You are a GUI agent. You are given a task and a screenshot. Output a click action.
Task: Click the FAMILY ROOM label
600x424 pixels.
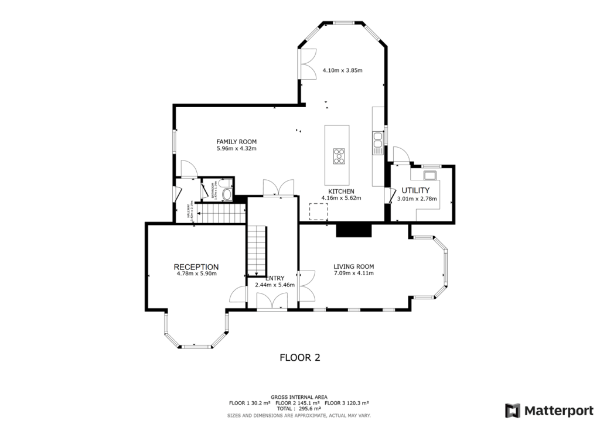236,142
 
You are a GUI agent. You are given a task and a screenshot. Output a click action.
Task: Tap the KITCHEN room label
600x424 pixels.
340,192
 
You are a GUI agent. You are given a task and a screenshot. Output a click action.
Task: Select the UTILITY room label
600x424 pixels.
415,190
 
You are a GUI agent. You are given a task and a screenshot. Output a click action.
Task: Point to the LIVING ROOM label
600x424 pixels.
353,266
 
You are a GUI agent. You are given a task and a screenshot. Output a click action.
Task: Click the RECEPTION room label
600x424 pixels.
196,266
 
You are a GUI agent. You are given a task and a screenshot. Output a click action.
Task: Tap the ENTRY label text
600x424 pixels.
275,278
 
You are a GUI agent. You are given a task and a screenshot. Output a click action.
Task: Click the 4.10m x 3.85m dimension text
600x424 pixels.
342,70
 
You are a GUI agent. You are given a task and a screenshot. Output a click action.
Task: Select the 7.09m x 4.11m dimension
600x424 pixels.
353,273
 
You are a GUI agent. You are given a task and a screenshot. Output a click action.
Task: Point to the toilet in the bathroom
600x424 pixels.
227,194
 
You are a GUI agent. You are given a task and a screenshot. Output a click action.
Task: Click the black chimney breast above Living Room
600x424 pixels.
353,230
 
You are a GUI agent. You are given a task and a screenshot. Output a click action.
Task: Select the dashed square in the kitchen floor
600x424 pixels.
318,211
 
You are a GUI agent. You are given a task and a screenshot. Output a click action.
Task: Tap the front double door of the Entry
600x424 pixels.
272,301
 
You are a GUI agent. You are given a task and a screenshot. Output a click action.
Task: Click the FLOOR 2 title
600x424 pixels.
299,357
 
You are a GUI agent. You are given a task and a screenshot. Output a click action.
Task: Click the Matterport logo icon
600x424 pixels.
513,409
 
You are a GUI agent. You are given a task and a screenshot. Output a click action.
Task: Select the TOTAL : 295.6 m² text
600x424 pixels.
299,408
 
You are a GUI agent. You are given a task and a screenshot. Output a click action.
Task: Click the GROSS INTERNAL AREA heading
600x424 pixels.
299,397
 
